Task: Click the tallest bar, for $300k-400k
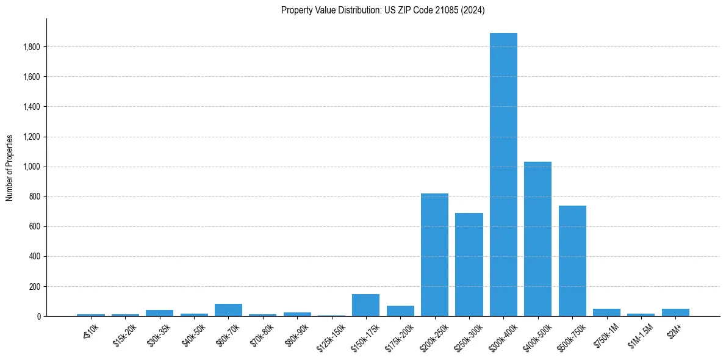503,175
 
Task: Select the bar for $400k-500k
537,239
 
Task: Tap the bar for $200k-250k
434,255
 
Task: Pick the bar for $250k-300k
469,265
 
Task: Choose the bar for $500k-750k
572,261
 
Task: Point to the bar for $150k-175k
365,306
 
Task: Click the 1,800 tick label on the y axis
32,47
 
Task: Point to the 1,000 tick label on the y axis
32,167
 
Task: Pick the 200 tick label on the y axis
35,287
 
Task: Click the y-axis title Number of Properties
10,167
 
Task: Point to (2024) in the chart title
473,10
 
